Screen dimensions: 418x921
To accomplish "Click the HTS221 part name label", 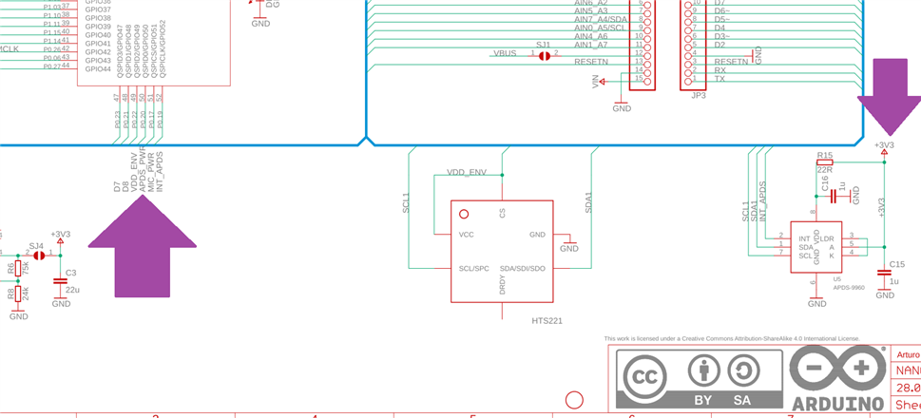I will point(547,321).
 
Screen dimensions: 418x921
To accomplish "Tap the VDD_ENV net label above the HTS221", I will point(467,173).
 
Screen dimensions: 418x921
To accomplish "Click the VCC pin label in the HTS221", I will point(467,235).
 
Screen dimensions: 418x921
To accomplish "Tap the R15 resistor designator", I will point(824,155).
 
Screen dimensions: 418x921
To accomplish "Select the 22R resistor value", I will point(824,169).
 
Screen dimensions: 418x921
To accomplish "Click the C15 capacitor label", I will point(896,265).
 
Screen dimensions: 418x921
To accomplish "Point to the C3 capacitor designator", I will point(70,273).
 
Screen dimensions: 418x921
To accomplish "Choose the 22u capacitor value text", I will point(72,289).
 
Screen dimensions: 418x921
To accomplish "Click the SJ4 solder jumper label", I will point(36,245).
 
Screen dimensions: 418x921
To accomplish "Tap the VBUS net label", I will point(505,53).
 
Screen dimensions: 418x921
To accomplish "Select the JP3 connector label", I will point(698,95).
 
